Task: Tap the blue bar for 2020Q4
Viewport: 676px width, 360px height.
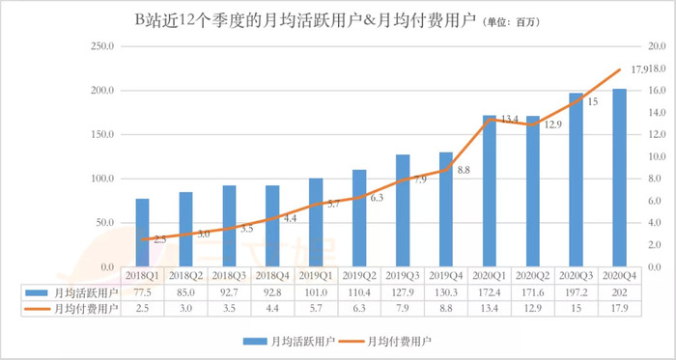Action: pyautogui.click(x=619, y=178)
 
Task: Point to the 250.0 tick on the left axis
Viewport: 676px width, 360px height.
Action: pyautogui.click(x=100, y=46)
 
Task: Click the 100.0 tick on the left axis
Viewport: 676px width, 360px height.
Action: pyautogui.click(x=100, y=179)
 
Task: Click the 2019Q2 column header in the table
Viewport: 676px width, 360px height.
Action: pyautogui.click(x=359, y=275)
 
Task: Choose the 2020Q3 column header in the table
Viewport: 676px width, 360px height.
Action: pyautogui.click(x=576, y=275)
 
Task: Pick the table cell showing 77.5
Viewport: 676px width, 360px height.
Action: pyautogui.click(x=142, y=291)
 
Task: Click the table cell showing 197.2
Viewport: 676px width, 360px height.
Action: pyautogui.click(x=576, y=291)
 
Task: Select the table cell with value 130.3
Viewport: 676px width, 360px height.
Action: pyautogui.click(x=446, y=291)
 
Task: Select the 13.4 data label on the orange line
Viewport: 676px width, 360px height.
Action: pyautogui.click(x=510, y=119)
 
